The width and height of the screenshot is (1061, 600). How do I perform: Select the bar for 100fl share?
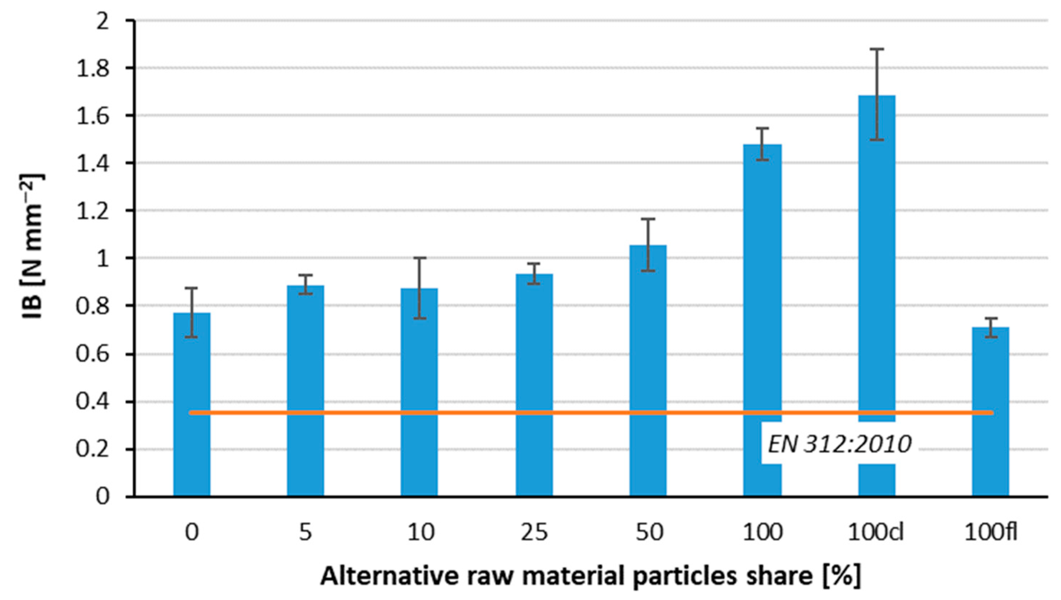click(x=990, y=412)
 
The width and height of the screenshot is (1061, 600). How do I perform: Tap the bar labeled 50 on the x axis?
click(x=648, y=371)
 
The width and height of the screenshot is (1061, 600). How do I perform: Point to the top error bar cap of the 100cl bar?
click(x=876, y=49)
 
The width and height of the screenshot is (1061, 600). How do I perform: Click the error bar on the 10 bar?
click(x=420, y=288)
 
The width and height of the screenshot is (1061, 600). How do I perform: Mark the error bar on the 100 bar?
click(x=762, y=144)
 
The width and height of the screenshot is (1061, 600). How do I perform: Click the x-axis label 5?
click(x=305, y=533)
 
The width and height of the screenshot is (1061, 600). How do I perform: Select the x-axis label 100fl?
click(x=990, y=533)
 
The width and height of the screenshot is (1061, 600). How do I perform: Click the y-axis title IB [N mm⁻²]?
click(x=33, y=247)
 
